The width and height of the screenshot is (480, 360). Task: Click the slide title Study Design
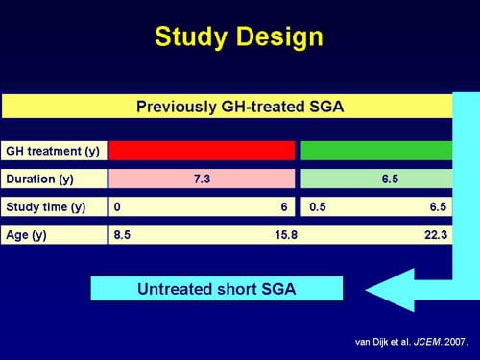[x=239, y=37]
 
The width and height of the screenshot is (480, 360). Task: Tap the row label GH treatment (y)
[x=45, y=151]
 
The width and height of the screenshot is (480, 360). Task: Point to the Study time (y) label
[x=45, y=206]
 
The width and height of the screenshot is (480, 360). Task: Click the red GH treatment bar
[x=202, y=151]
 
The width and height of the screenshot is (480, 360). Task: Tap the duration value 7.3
[x=202, y=179]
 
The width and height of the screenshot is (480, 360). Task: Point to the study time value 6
[x=283, y=206]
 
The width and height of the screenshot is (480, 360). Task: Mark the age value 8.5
[x=123, y=234]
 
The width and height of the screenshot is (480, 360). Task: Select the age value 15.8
[x=285, y=234]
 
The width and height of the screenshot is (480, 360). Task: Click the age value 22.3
[x=436, y=234]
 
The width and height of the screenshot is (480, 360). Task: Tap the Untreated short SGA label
[x=216, y=289]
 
